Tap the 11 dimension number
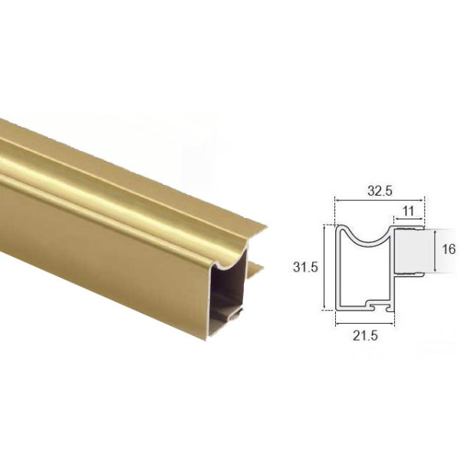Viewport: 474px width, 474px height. point(408,209)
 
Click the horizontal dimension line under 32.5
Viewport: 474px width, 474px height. point(380,200)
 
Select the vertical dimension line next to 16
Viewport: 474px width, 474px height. point(436,250)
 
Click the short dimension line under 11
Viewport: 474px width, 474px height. point(410,217)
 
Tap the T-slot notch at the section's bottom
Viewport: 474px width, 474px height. point(374,304)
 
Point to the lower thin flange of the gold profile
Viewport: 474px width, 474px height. point(256,268)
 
